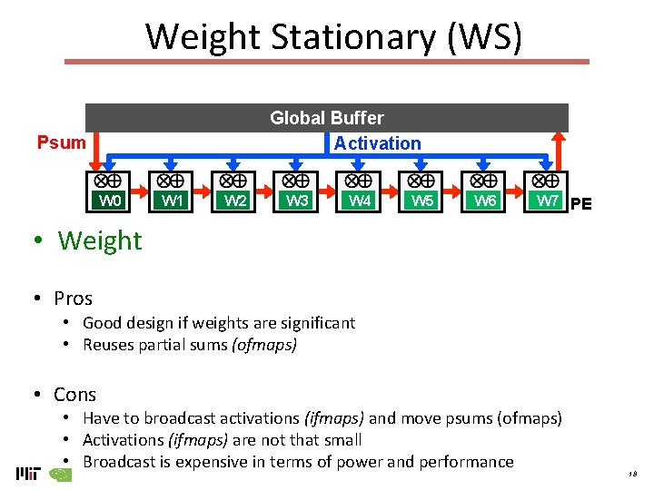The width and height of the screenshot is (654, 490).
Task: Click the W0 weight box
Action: [x=110, y=201]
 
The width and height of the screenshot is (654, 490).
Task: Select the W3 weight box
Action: [x=297, y=201]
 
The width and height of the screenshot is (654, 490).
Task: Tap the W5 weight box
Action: [x=422, y=201]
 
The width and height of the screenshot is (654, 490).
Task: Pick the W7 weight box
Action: [x=547, y=201]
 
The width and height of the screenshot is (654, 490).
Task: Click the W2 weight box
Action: [x=235, y=201]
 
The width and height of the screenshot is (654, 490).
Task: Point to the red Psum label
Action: [x=61, y=142]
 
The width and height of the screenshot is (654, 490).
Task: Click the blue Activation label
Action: [x=377, y=143]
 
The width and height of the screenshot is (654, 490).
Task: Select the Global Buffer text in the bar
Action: [x=327, y=118]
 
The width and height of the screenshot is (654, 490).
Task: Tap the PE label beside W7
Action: [x=580, y=204]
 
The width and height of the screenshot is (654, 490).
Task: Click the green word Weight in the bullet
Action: [x=100, y=240]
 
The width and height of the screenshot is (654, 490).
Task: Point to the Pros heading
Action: [x=73, y=298]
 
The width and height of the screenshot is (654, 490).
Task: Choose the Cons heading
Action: [x=74, y=394]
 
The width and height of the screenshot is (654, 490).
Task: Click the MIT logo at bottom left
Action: [x=29, y=473]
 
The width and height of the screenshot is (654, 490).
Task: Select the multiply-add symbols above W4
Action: [x=359, y=181]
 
